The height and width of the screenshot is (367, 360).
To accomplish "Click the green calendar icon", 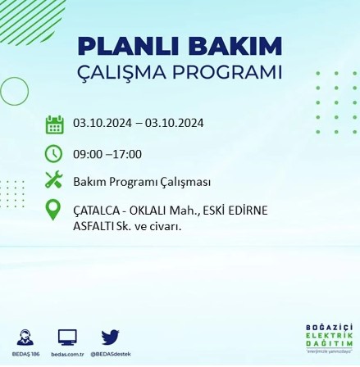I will click(x=54, y=125).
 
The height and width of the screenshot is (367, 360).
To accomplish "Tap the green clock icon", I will click(x=54, y=153).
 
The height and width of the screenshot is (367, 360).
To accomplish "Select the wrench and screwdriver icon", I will click(x=54, y=179).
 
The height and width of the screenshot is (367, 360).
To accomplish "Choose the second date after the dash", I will click(x=175, y=125).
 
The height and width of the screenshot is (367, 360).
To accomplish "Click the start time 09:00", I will click(x=88, y=154).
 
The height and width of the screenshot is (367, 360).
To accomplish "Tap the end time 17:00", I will click(x=126, y=154).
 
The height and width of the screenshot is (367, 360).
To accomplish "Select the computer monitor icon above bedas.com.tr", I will click(x=68, y=338).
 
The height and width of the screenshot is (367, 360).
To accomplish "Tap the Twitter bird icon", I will click(x=111, y=338).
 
